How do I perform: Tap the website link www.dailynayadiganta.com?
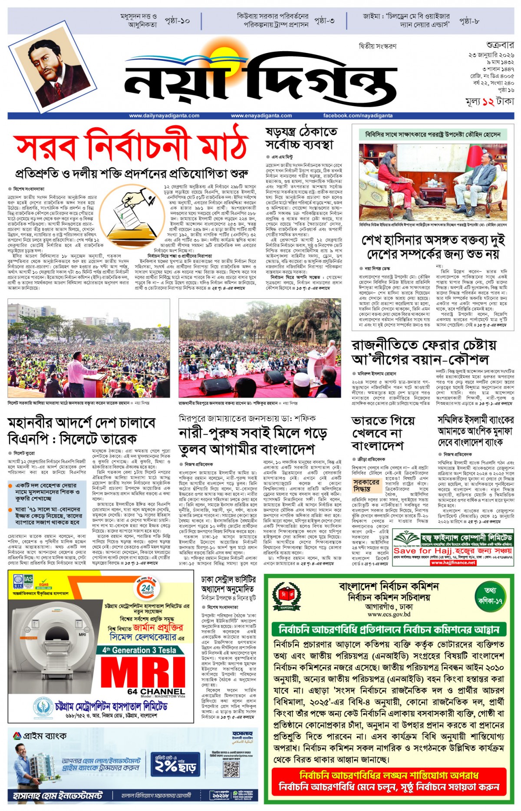click(164, 116)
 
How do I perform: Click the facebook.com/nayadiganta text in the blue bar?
click(358, 116)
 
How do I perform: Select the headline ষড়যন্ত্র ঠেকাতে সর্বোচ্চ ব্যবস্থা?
click(301, 138)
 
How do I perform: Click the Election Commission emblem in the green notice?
click(286, 597)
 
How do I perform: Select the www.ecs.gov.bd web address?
click(389, 614)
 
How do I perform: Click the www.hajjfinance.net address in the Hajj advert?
click(453, 563)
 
